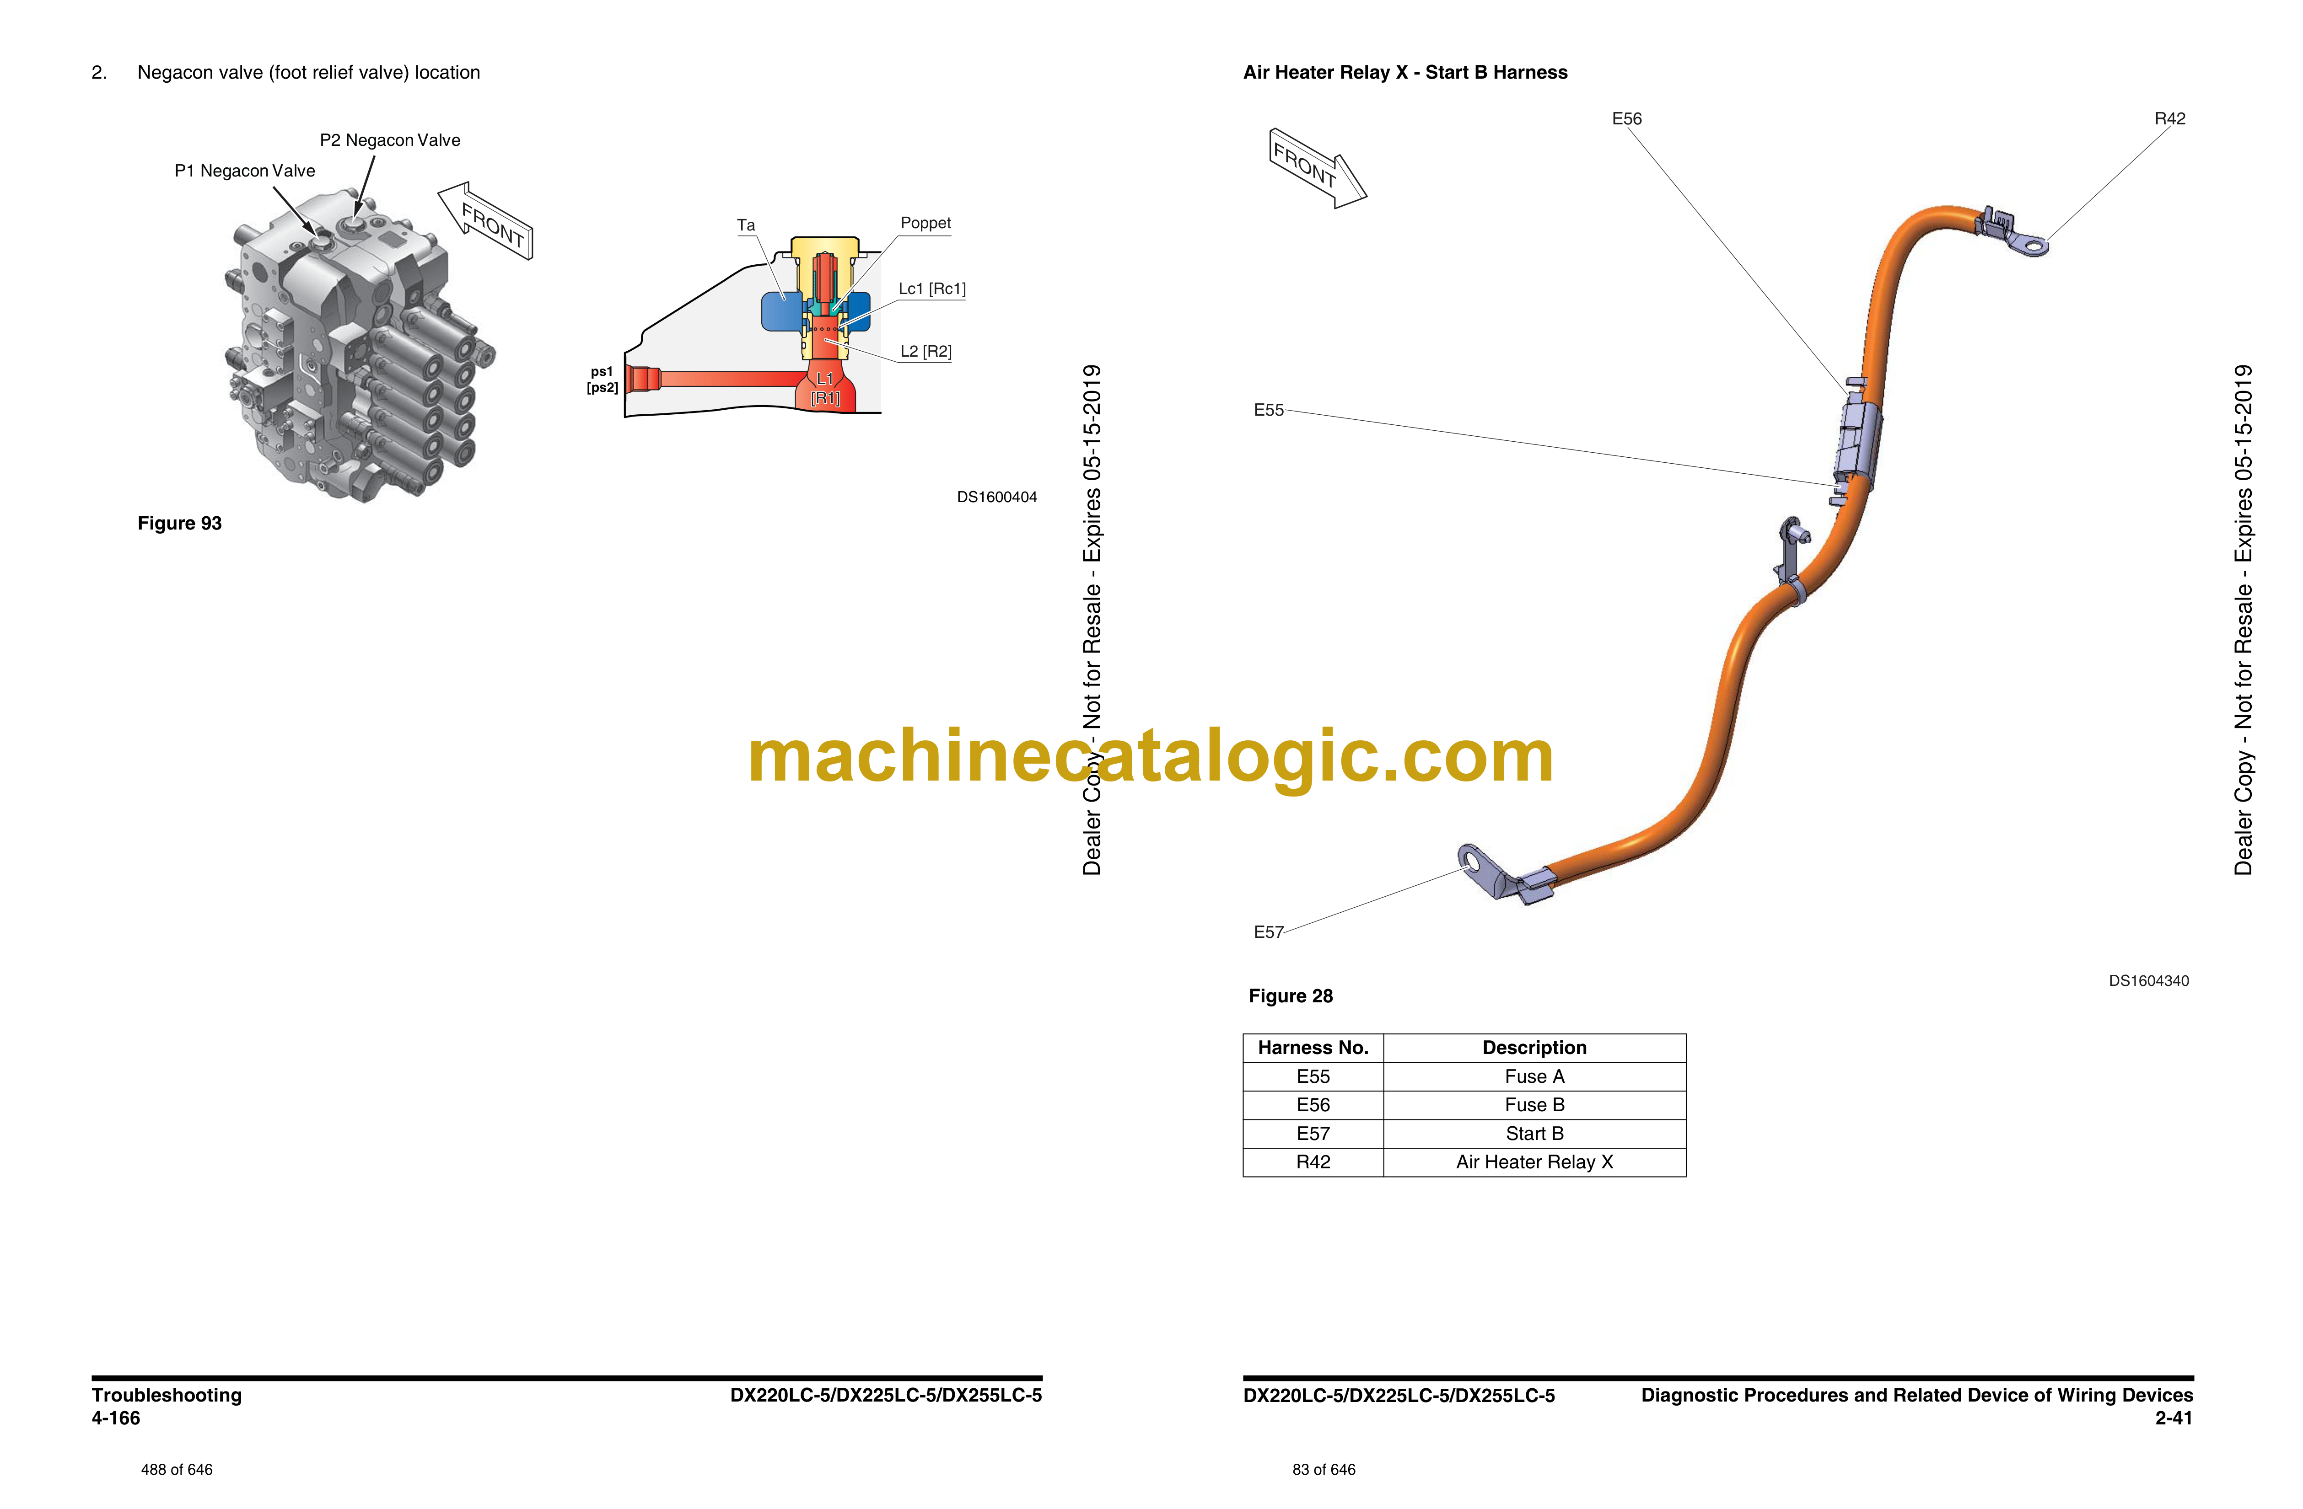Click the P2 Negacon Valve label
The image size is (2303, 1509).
tap(390, 140)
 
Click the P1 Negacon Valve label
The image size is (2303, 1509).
tap(245, 171)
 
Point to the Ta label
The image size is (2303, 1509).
tap(746, 225)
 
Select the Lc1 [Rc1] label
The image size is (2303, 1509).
tap(932, 289)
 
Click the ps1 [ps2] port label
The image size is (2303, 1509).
tap(602, 379)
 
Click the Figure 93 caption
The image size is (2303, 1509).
tap(180, 523)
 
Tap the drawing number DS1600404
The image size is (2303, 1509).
tap(997, 497)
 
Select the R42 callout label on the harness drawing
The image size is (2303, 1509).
tap(2169, 119)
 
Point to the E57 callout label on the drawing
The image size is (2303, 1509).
tap(1269, 932)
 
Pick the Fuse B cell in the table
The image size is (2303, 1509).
tap(1535, 1106)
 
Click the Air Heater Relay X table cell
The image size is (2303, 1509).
tap(1535, 1163)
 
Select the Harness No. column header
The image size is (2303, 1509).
tap(1313, 1049)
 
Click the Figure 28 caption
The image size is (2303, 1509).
tap(1291, 996)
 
